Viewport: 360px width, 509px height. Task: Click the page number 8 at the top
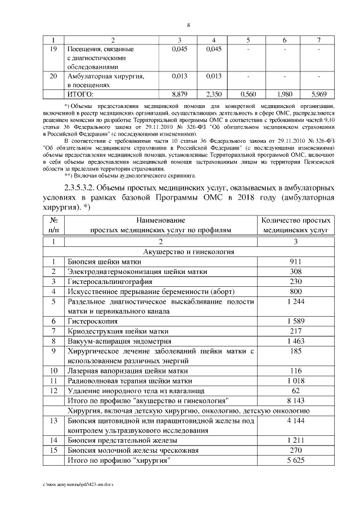tap(188, 25)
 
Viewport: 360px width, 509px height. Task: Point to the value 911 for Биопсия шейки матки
tap(295, 262)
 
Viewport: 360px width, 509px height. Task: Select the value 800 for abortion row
tap(295, 291)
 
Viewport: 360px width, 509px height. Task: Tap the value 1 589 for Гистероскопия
tap(295, 321)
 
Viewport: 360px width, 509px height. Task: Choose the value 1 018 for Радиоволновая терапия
tap(295, 381)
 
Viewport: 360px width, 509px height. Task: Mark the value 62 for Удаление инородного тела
tap(295, 391)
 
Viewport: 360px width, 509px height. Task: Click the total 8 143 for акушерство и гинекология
tap(295, 400)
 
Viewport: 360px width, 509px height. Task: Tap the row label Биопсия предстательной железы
tap(123, 440)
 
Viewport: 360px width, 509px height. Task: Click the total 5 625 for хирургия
tap(295, 460)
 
